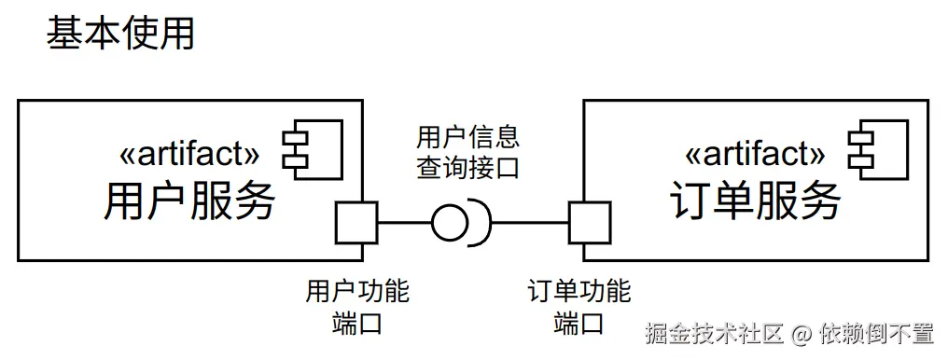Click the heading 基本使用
coord(120,35)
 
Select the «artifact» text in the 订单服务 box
coord(755,151)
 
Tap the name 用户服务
coord(189,201)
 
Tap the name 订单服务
coord(755,201)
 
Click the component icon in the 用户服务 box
coord(314,146)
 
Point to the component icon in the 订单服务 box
coord(877,146)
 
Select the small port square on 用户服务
coord(355,223)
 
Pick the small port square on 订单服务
coord(590,223)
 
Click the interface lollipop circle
coord(451,223)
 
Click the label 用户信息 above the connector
coord(468,139)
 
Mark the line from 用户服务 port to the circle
coord(403,223)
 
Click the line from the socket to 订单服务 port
coord(529,223)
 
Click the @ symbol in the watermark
coord(802,333)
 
